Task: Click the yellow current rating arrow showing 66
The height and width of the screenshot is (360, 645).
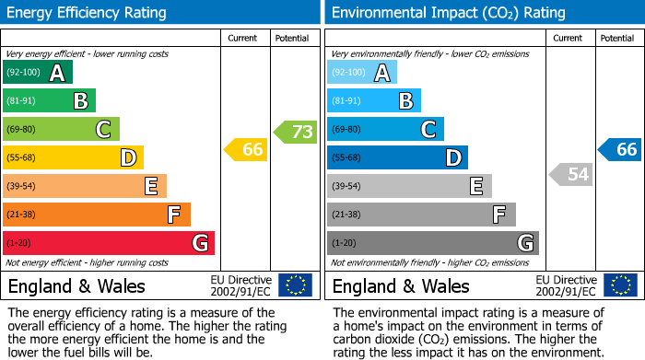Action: click(x=247, y=149)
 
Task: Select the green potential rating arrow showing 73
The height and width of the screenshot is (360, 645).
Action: click(x=297, y=132)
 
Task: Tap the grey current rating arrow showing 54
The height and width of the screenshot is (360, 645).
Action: click(x=571, y=174)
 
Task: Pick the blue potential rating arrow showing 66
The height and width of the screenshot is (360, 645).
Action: click(x=621, y=149)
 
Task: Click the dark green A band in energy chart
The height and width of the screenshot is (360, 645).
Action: click(x=37, y=73)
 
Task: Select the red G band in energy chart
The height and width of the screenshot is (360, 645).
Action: click(x=109, y=243)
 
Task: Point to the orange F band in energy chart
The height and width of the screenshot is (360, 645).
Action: click(x=97, y=215)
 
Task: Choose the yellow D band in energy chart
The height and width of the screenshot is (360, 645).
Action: click(x=73, y=157)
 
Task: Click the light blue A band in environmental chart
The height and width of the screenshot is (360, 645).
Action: click(x=361, y=73)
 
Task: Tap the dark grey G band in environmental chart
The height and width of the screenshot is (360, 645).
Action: click(x=432, y=243)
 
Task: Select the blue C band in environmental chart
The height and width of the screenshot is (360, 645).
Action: click(x=385, y=130)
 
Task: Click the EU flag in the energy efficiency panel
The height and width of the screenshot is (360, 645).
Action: click(x=295, y=285)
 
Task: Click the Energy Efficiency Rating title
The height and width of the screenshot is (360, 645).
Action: click(x=88, y=13)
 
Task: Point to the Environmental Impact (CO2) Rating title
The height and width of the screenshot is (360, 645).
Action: click(x=448, y=13)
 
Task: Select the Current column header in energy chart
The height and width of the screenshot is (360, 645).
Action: click(x=242, y=38)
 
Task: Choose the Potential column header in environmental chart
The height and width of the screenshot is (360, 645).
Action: click(x=616, y=38)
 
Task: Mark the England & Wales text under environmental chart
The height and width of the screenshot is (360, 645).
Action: click(x=401, y=286)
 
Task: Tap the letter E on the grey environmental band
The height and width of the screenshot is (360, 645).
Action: click(x=475, y=187)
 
